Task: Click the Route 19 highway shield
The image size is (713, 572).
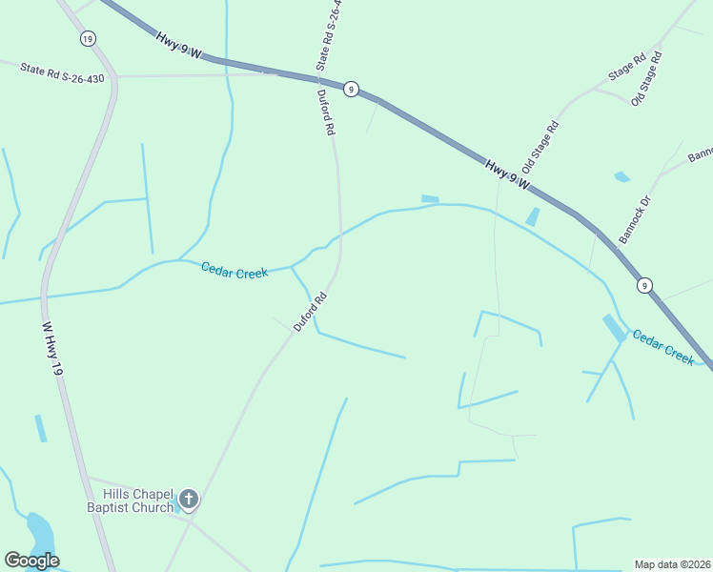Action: pos(88,38)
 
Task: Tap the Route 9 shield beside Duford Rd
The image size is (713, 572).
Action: pos(352,89)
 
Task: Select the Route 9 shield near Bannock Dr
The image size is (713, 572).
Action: pos(645,285)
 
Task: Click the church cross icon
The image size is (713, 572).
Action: pos(189,499)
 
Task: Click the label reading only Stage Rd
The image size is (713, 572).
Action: pos(627,68)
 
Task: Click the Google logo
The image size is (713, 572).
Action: pos(31,561)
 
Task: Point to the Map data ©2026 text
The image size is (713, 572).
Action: pos(672,563)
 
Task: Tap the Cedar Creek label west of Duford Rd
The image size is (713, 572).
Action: pos(234,270)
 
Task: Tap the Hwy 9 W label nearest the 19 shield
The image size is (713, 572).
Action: pos(176,44)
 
